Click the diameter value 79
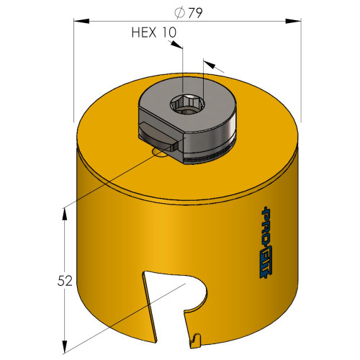click(195, 13)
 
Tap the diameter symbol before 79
click(180, 13)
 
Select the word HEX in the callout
click(144, 32)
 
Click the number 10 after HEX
click(169, 32)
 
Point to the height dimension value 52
click(65, 281)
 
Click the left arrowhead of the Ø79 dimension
click(81, 21)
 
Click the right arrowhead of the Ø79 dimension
click(293, 21)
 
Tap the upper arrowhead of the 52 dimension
click(64, 214)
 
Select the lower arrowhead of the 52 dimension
click(64, 347)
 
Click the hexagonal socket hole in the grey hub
click(188, 104)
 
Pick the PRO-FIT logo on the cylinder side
click(266, 243)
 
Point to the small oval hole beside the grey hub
click(159, 152)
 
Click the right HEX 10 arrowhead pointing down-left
click(210, 64)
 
